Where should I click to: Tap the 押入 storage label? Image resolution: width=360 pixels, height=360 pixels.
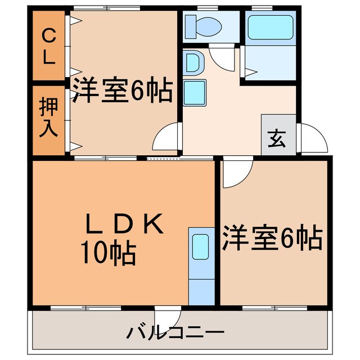tap(48, 119)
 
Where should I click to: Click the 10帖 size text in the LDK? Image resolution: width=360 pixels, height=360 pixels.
tap(108, 254)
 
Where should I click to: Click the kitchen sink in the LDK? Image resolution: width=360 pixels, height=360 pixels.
tap(200, 246)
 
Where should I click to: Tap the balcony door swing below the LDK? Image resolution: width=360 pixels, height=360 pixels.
tap(168, 318)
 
